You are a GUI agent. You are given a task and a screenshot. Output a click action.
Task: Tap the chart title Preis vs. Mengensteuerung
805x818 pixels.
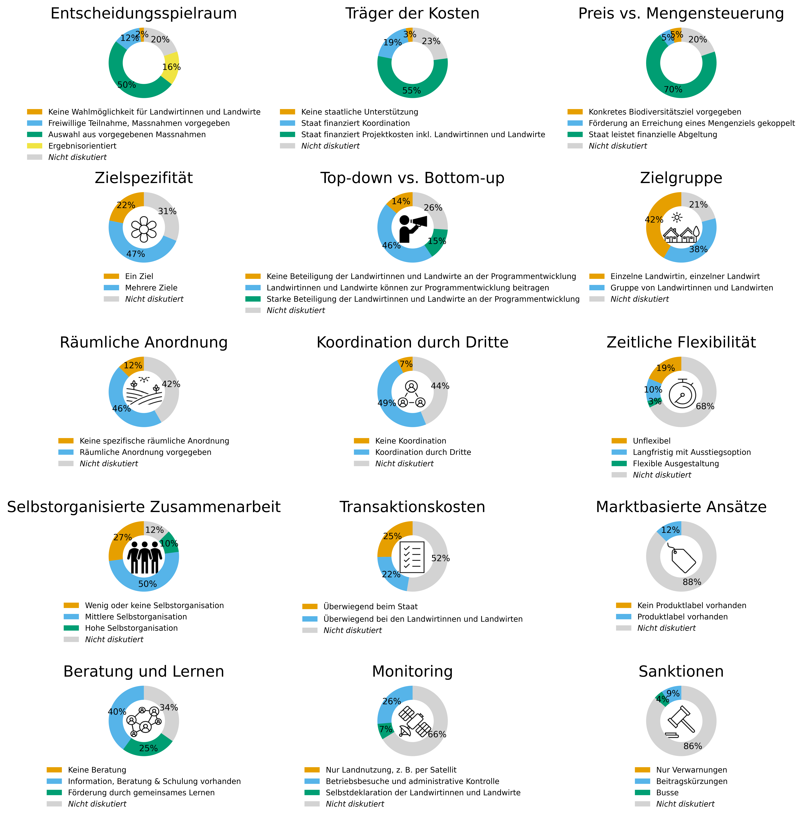point(681,14)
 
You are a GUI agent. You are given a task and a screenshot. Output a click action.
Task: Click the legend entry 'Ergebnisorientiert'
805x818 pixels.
point(82,146)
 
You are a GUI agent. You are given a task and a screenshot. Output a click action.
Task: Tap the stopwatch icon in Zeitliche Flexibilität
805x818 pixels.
point(682,393)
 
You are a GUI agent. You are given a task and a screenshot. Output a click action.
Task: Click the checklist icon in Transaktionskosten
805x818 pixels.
point(412,557)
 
